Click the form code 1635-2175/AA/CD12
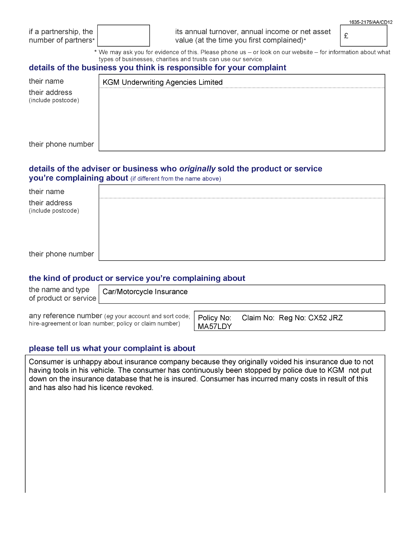coord(370,22)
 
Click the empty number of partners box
coord(123,36)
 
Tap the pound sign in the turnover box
coord(346,36)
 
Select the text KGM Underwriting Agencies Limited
coord(162,82)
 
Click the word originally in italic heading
coord(197,169)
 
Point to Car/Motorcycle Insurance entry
coord(145,292)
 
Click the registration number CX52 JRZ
coord(325,318)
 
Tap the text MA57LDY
coord(215,326)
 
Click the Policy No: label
coord(214,318)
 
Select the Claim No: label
coord(258,318)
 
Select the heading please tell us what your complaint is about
coord(112,348)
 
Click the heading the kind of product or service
coord(137,278)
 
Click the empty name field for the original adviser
coord(242,192)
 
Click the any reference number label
coord(65,316)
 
